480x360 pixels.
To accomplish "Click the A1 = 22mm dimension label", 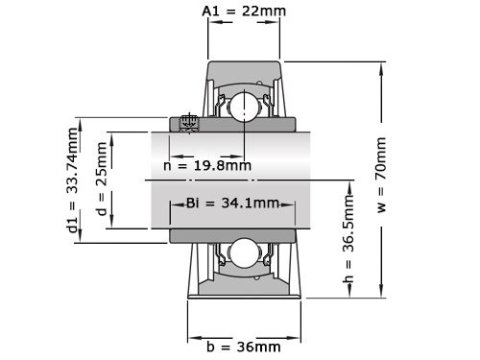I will tap(244, 12).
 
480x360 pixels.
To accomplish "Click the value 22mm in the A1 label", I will tap(262, 12).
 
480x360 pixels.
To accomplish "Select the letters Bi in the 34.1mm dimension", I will tap(193, 203).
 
